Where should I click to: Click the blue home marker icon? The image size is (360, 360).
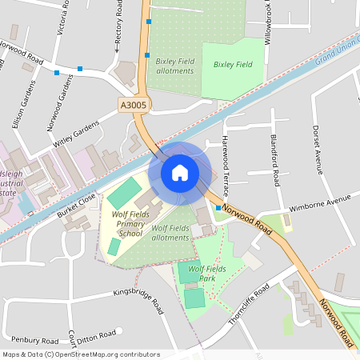[180, 172]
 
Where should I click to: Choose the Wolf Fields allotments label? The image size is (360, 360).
[170, 233]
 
